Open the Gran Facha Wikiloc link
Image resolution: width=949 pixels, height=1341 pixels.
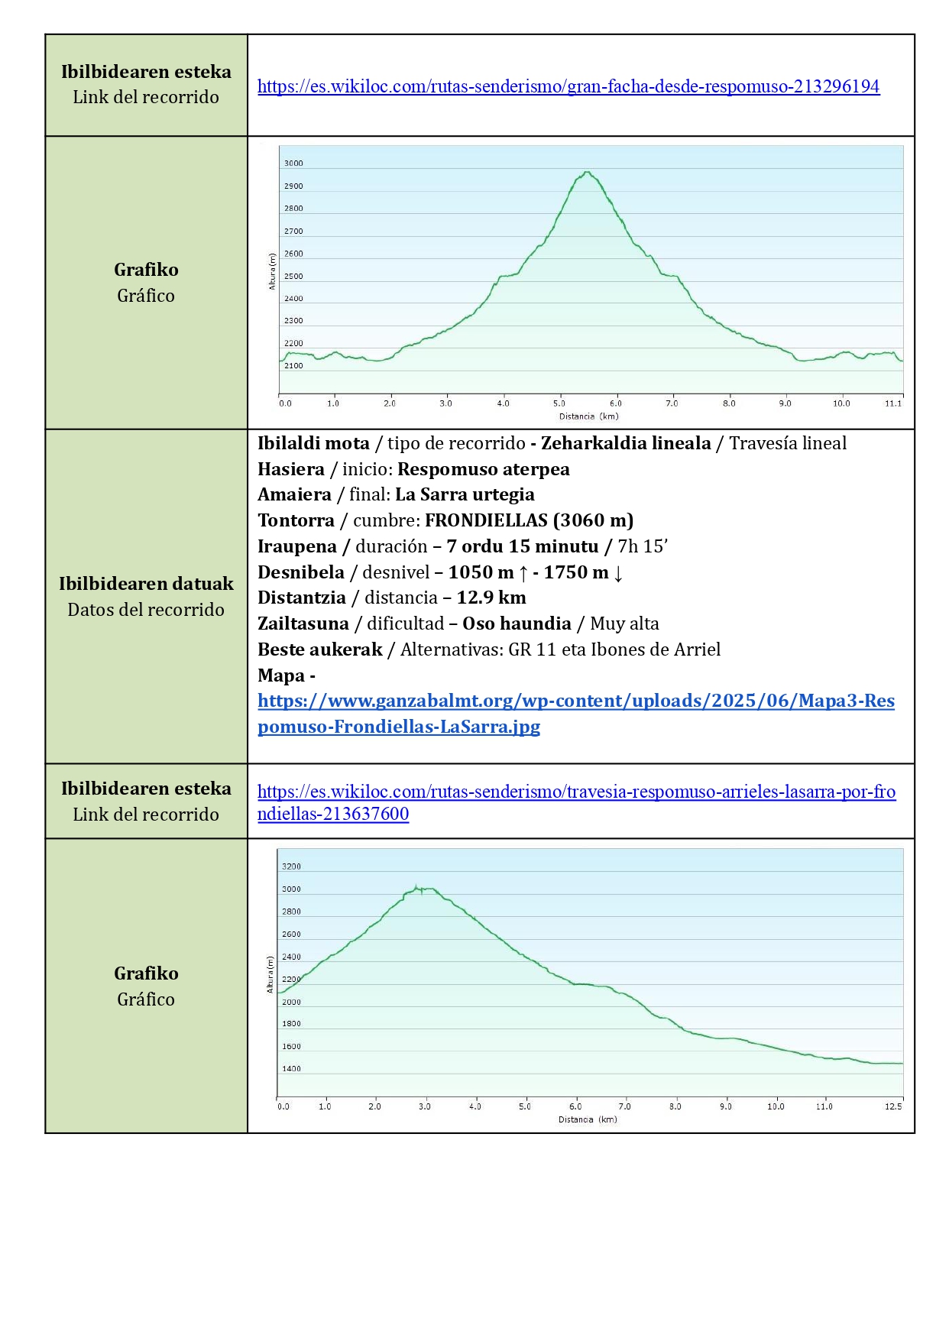pos(568,86)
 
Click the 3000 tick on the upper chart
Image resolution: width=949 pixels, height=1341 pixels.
pos(293,164)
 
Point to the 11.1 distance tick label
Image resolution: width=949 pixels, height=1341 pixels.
pos(893,403)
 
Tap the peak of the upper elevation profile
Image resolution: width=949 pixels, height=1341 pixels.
pos(587,173)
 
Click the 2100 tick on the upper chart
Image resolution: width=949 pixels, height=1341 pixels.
pos(293,366)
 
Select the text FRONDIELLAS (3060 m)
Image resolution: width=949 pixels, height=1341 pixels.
pos(529,520)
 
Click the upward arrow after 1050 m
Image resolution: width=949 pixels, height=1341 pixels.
pos(523,572)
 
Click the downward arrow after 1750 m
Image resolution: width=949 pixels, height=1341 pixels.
pos(618,572)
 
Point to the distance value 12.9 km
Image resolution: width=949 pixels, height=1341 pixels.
pos(491,598)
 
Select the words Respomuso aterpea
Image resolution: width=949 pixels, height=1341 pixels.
pos(483,469)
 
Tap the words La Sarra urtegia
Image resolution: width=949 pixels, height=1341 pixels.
pos(465,494)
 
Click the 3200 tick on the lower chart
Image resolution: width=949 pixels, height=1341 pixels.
pos(291,866)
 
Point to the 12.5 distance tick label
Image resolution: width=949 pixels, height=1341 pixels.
pos(893,1106)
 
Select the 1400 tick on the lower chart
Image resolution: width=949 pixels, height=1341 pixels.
pos(291,1069)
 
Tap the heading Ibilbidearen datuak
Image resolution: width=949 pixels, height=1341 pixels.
pos(146,584)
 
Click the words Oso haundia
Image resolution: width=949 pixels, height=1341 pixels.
pos(517,624)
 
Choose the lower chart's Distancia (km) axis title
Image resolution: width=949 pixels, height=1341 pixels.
pos(588,1119)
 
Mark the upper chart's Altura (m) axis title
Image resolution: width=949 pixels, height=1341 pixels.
pos(272,271)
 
